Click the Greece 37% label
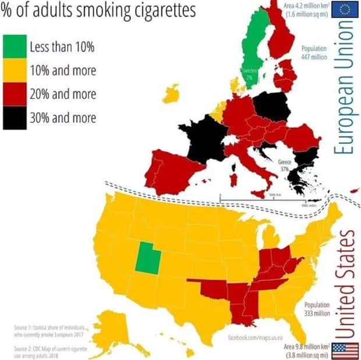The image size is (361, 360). click(x=285, y=165)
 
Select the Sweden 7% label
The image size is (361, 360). click(x=247, y=74)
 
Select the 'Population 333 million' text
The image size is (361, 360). click(x=317, y=309)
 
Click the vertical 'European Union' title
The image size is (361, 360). click(x=345, y=87)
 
